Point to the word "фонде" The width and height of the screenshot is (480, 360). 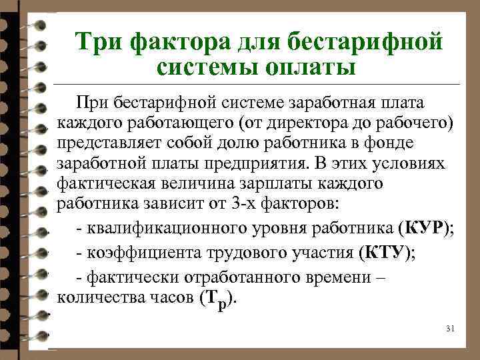pyautogui.click(x=393, y=143)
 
